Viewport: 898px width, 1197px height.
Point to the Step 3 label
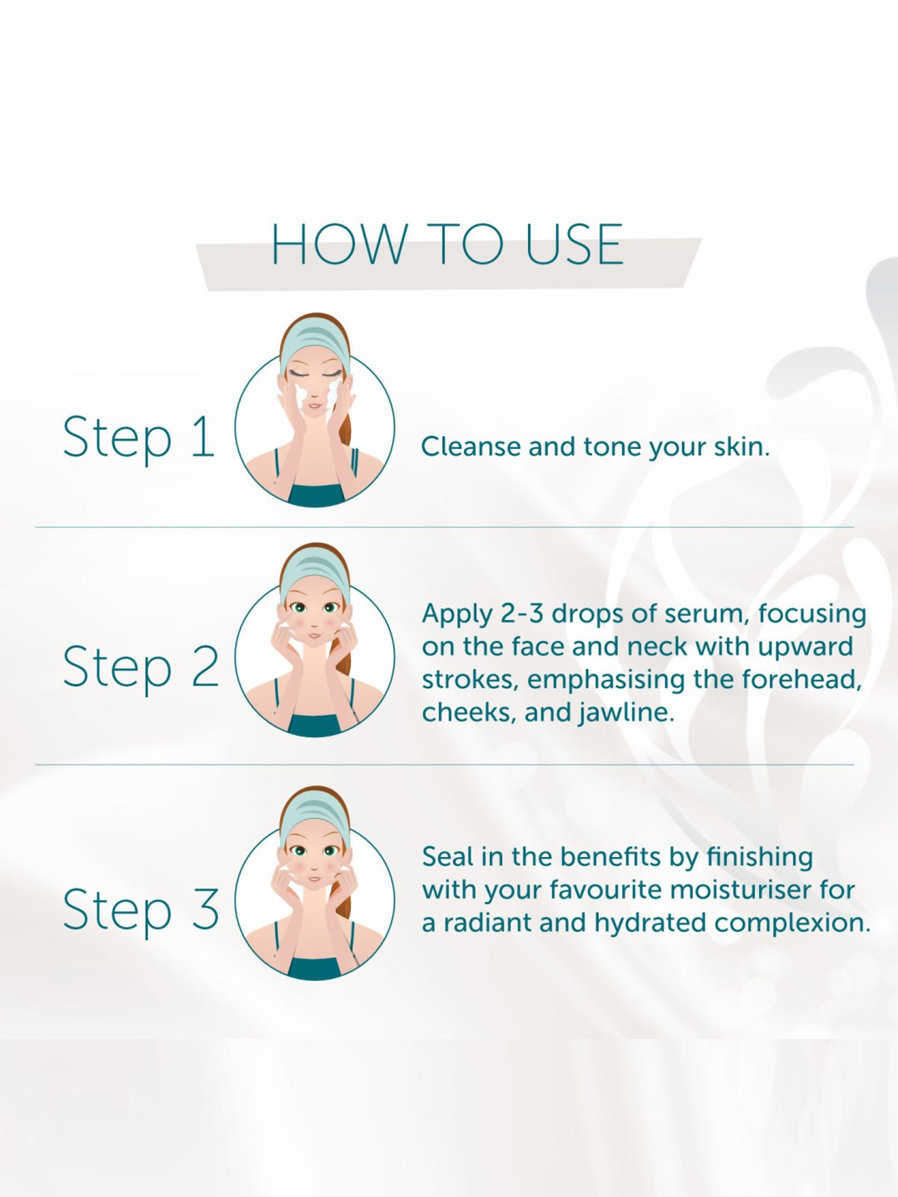tap(141, 910)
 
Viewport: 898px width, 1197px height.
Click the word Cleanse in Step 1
tap(471, 446)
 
